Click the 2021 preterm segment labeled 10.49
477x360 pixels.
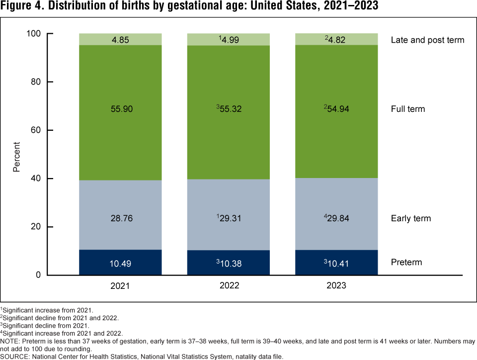point(120,262)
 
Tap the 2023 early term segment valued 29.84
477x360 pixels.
point(337,214)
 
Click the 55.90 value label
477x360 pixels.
point(120,108)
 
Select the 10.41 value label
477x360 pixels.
point(338,262)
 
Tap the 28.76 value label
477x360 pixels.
point(120,218)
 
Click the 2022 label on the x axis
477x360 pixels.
point(229,286)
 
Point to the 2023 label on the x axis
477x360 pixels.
point(336,286)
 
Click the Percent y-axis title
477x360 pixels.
point(17,157)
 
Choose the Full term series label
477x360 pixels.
point(408,108)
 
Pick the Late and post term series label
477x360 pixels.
point(427,40)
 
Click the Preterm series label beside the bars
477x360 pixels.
point(406,262)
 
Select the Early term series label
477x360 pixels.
point(411,218)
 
